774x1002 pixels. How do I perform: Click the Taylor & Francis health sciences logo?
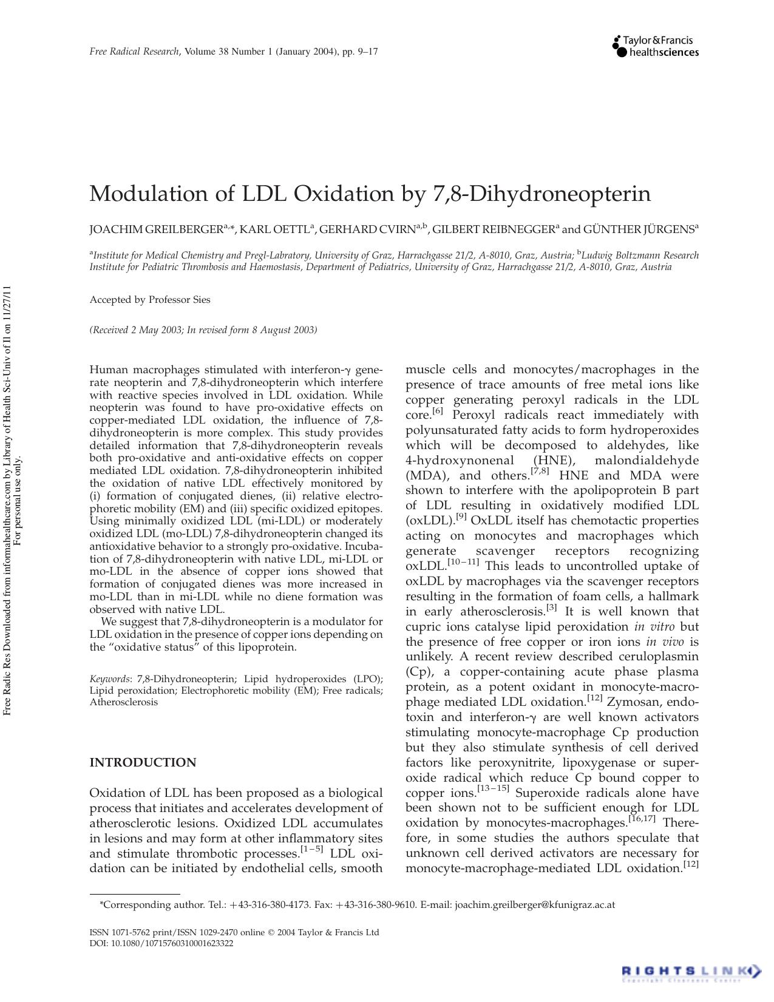click(656, 46)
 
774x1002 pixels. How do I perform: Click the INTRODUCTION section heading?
click(143, 763)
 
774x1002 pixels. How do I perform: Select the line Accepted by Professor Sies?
click(150, 300)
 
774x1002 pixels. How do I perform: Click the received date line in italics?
click(203, 330)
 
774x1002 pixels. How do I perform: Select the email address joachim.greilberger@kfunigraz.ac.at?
click(534, 905)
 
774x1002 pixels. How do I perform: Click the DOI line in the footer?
click(161, 944)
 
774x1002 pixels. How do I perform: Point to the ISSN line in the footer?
click(234, 933)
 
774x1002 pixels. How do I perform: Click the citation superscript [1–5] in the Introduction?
click(312, 850)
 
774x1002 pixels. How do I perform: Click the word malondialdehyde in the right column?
click(647, 461)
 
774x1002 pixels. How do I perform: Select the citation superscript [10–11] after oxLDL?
click(463, 563)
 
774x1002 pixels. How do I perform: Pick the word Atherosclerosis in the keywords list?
click(124, 702)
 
